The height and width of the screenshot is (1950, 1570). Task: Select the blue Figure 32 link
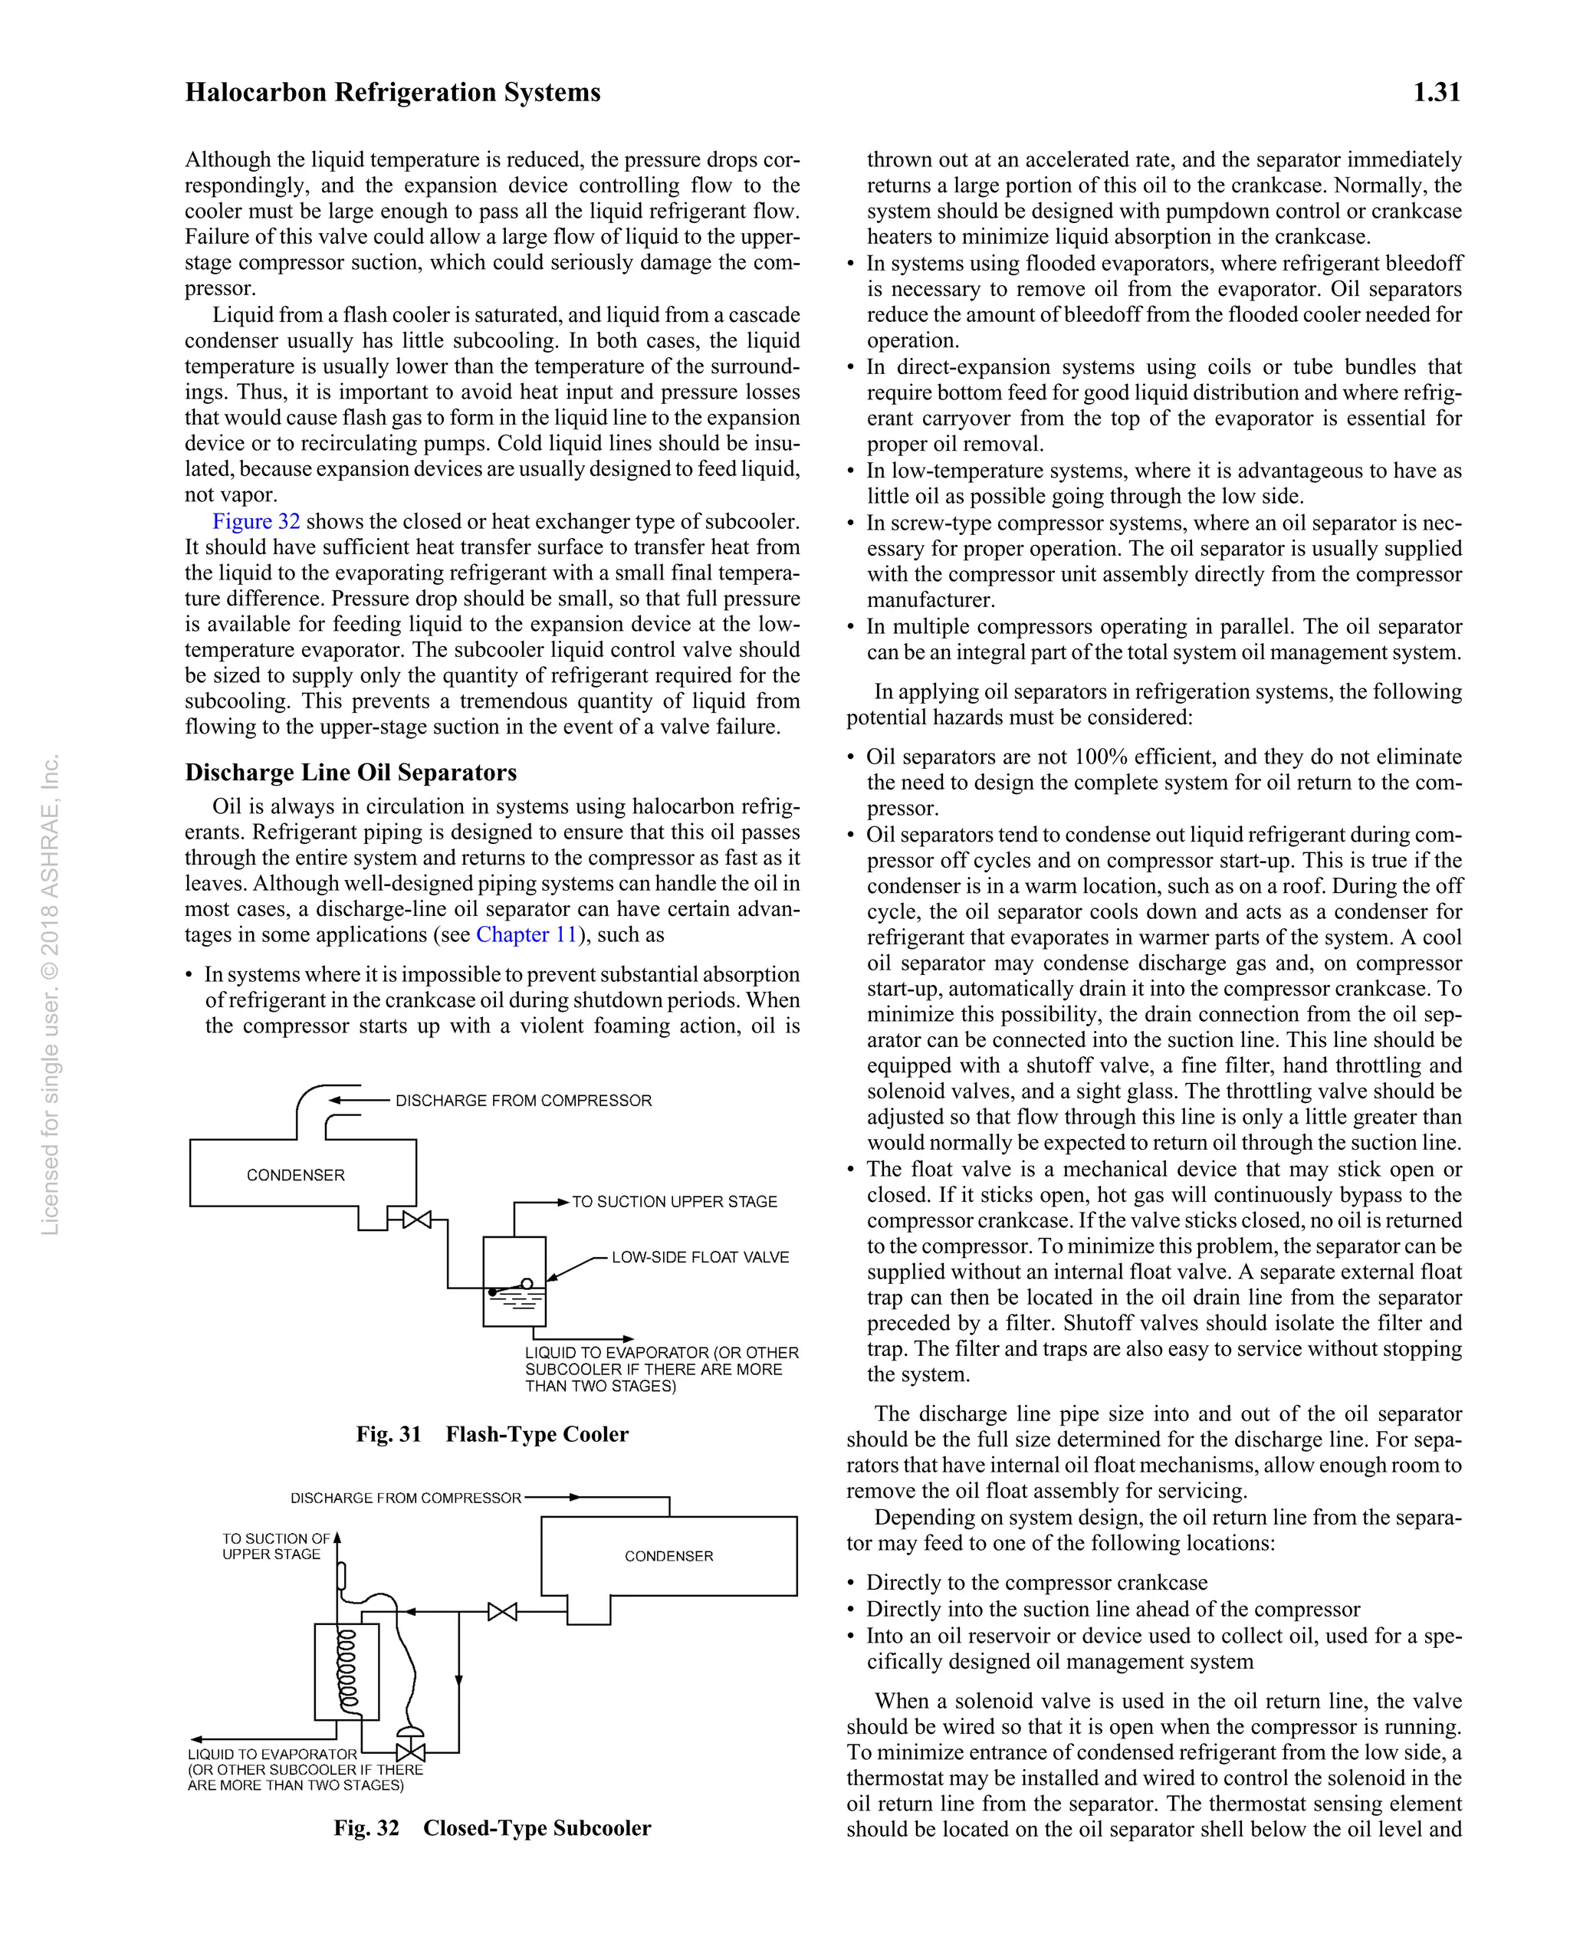[x=256, y=521]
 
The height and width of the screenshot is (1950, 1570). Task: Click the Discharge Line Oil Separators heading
[x=351, y=772]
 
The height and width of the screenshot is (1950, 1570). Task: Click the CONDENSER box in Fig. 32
[x=668, y=1556]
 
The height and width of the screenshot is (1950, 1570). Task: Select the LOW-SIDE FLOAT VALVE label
[x=700, y=1257]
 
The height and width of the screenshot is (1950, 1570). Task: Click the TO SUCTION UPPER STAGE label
[x=674, y=1201]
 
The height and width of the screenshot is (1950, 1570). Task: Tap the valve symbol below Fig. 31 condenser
[x=417, y=1220]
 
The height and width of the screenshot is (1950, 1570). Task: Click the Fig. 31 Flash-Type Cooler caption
[x=492, y=1434]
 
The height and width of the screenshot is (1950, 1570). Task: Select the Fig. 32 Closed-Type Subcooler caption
[x=492, y=1828]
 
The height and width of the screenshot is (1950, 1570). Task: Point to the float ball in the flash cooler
[x=527, y=1283]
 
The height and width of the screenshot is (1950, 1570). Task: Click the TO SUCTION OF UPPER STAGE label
[x=275, y=1546]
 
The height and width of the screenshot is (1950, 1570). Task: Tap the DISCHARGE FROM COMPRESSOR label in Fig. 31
[x=523, y=1101]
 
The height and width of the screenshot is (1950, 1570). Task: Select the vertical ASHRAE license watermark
[x=51, y=995]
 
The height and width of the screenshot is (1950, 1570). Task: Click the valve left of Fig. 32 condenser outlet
[x=502, y=1612]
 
